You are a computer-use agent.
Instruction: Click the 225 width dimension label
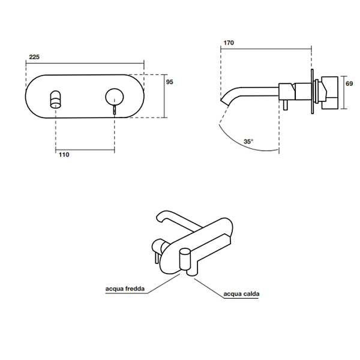click(x=34, y=56)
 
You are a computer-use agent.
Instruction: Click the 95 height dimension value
click(x=169, y=83)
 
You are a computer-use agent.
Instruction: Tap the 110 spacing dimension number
click(x=64, y=155)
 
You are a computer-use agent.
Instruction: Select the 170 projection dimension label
click(x=229, y=43)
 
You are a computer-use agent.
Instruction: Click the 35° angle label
click(x=248, y=142)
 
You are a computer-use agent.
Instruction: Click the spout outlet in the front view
click(x=56, y=98)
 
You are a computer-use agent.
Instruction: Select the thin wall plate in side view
click(x=311, y=93)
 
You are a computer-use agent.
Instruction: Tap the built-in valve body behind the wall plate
click(x=328, y=91)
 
